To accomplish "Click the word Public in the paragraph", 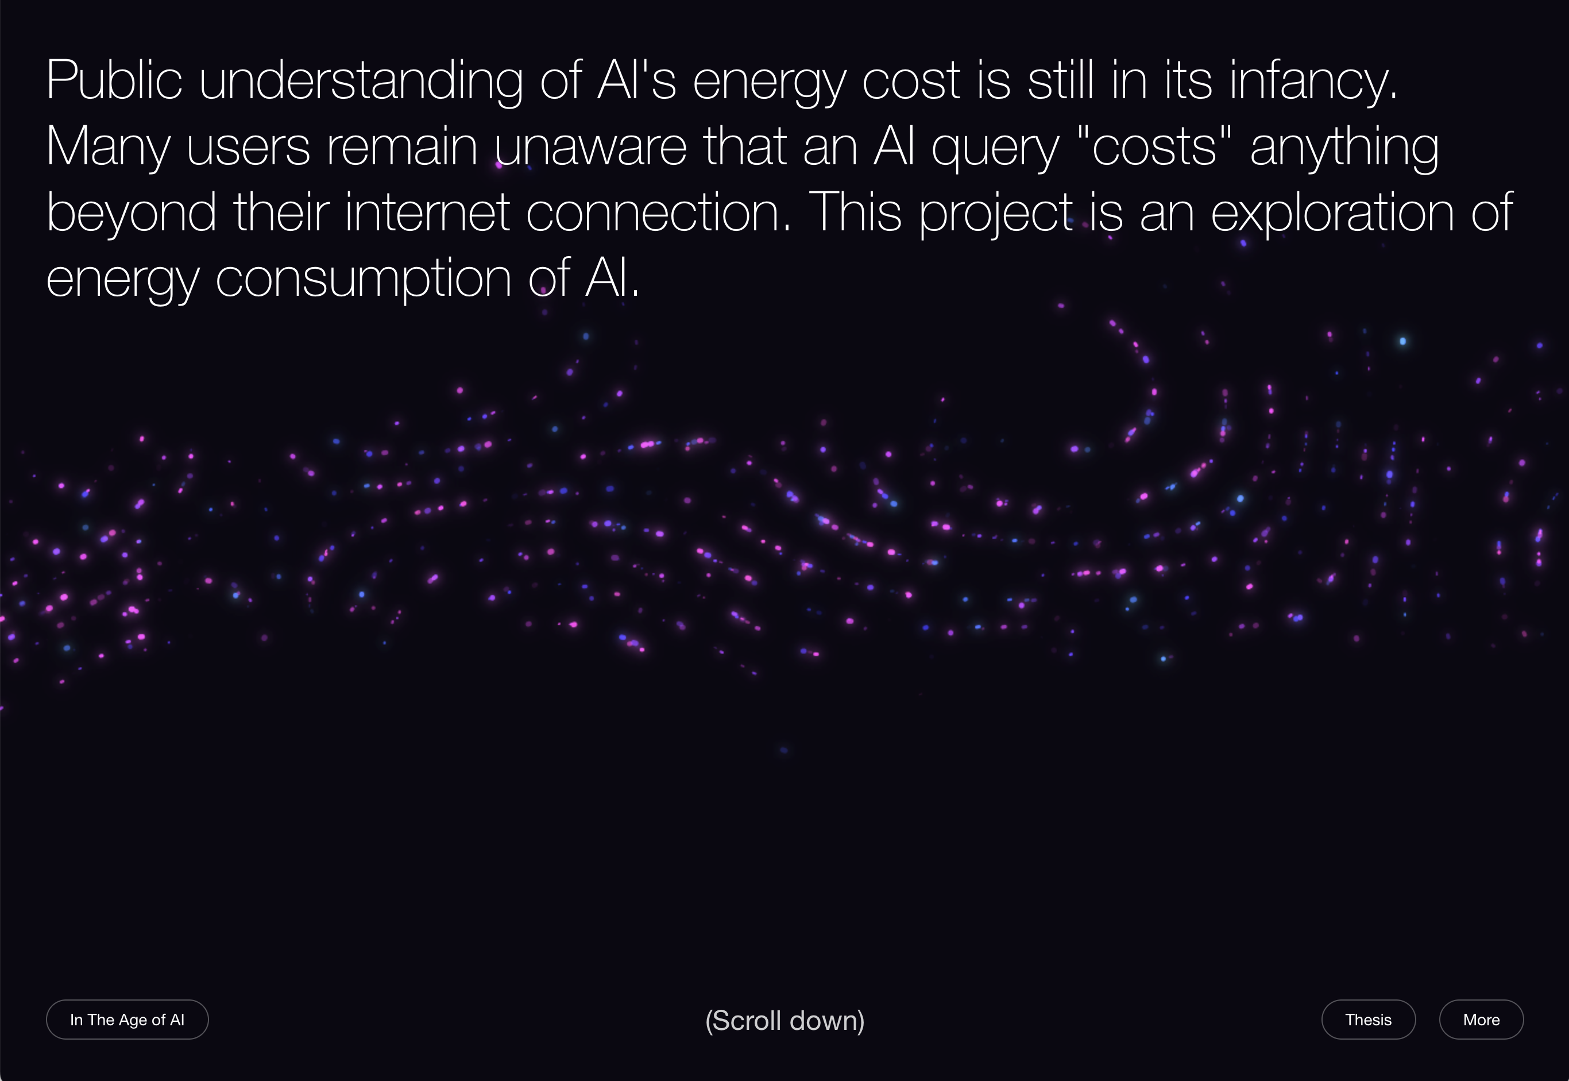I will click(x=114, y=82).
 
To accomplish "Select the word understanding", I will click(x=360, y=82).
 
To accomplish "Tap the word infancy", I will click(x=1313, y=82).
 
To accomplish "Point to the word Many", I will click(x=107, y=147).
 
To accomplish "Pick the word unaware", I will click(x=590, y=147).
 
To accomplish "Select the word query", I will click(x=995, y=147).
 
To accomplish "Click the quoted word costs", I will click(x=1154, y=147).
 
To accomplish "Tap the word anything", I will click(x=1344, y=147).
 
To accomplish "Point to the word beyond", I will click(x=132, y=213).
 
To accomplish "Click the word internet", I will click(x=427, y=213).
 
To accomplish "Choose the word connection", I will click(x=658, y=213).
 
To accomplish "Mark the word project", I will click(x=995, y=213).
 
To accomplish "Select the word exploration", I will click(x=1332, y=213).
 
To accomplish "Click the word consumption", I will click(x=363, y=279).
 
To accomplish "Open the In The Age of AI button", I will click(x=127, y=1020).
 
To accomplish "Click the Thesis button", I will click(x=1368, y=1020).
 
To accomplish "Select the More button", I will click(x=1481, y=1020).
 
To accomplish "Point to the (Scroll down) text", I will click(x=784, y=1021).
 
